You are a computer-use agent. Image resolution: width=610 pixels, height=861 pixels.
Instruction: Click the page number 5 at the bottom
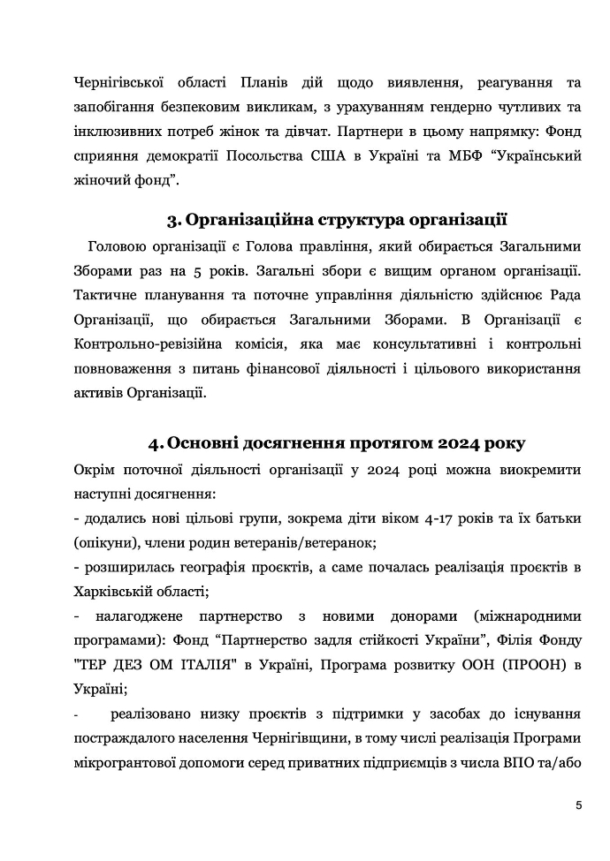(x=577, y=804)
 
